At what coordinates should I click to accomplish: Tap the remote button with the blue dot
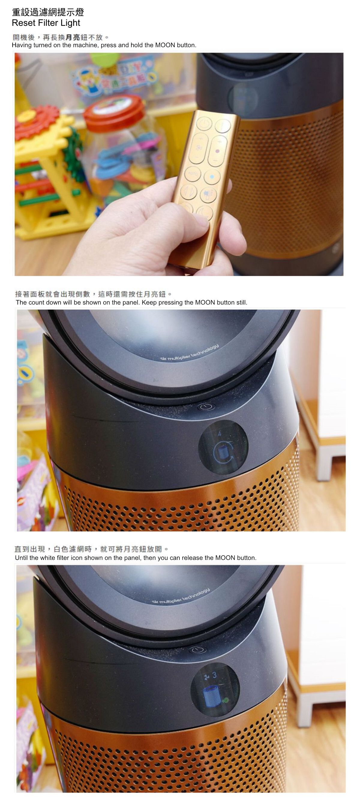(212, 177)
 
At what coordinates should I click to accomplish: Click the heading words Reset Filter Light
(46, 23)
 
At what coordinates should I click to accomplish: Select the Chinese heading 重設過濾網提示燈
(48, 13)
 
